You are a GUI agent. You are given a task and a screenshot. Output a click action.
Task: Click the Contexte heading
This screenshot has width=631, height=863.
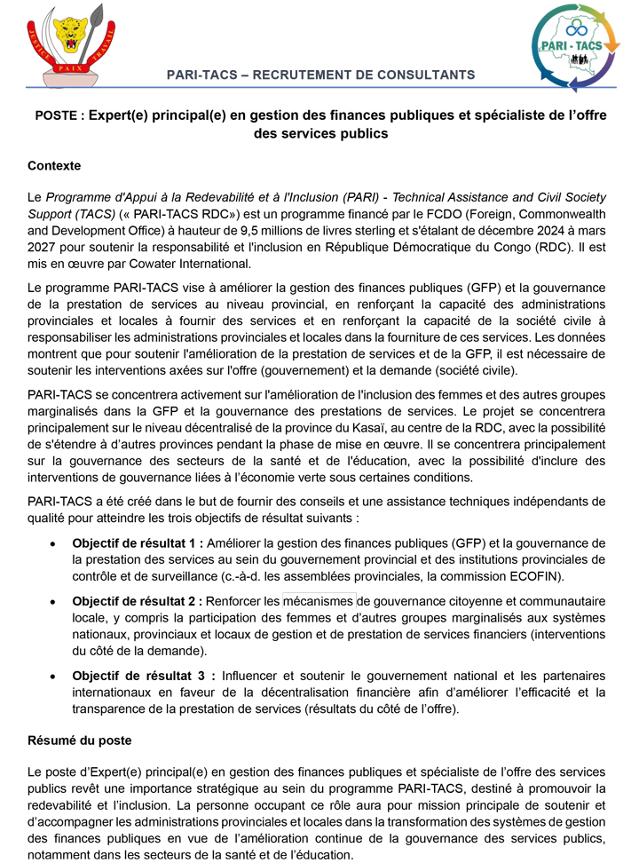tap(54, 165)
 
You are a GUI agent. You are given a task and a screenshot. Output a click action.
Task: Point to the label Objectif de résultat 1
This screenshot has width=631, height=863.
tap(137, 542)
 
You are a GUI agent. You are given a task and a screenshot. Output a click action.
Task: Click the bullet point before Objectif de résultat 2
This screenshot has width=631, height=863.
tap(54, 601)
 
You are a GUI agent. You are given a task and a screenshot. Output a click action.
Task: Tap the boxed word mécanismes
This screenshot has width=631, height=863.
tap(319, 601)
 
